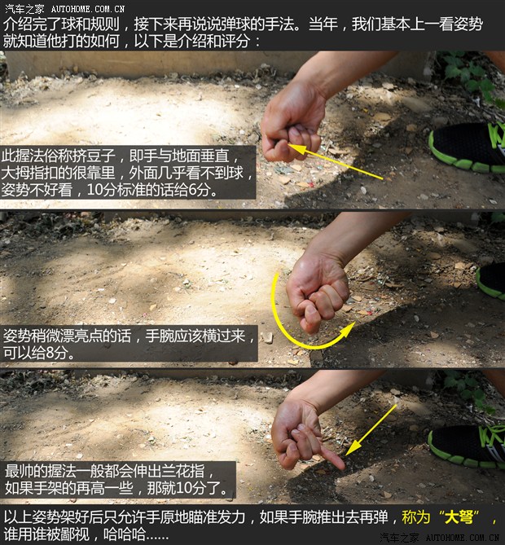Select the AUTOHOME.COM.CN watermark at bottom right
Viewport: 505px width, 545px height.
click(461, 538)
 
